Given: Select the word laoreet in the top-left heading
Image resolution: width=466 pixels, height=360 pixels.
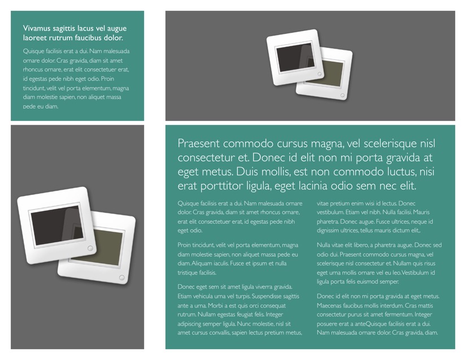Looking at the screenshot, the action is pyautogui.click(x=33, y=38).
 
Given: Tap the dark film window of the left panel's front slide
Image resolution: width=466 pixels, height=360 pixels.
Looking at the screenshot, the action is pyautogui.click(x=56, y=225).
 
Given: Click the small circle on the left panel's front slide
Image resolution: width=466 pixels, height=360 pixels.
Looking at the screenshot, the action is pyautogui.click(x=90, y=248).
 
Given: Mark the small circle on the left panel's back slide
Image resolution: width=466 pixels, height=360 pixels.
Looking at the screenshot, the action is pyautogui.click(x=121, y=277).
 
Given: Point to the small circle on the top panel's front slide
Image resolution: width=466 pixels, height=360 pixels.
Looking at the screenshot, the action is pyautogui.click(x=320, y=73).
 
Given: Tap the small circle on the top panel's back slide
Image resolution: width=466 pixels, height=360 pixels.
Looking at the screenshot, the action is pyautogui.click(x=342, y=96).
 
